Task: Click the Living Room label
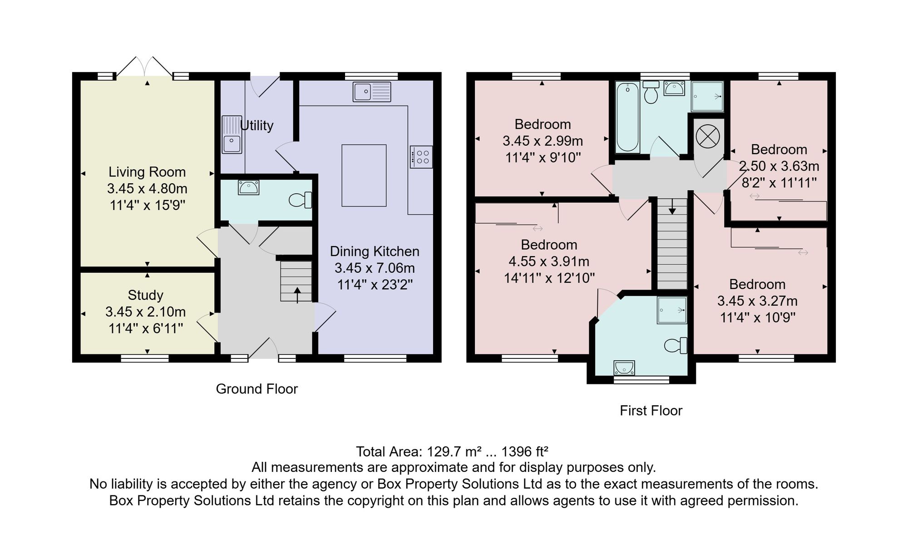tap(147, 172)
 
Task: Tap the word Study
tap(145, 295)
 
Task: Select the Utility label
tap(257, 125)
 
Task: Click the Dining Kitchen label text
tap(375, 251)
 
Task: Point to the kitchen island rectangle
tap(364, 176)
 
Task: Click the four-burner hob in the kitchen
tap(421, 157)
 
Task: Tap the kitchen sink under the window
tap(372, 92)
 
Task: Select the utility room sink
tap(232, 134)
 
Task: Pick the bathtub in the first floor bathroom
tap(627, 117)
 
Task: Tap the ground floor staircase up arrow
tap(297, 295)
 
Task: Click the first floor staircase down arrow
tap(672, 206)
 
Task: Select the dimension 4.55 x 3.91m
tap(549, 262)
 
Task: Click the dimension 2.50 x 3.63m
tap(779, 166)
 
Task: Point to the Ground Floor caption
tap(257, 389)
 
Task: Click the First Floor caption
tap(651, 411)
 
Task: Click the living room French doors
tap(145, 67)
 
